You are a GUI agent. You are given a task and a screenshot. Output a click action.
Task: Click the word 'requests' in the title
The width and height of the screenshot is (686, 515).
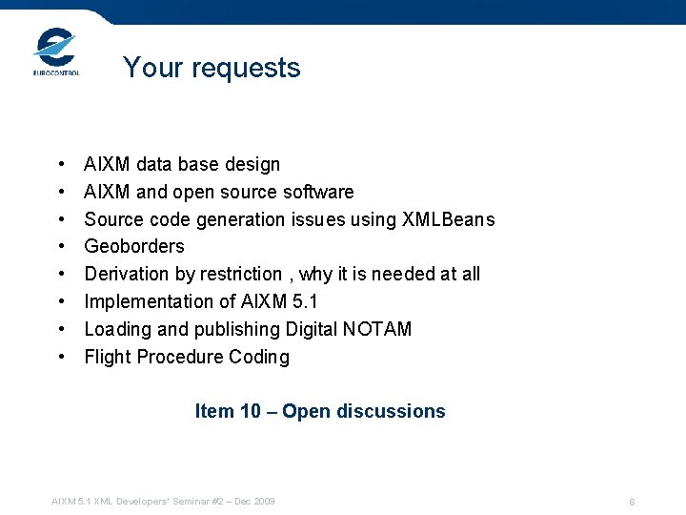click(x=248, y=68)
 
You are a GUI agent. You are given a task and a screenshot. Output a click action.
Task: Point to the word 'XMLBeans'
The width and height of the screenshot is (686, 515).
click(x=451, y=219)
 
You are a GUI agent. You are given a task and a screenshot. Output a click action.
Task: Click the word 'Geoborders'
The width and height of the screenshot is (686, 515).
click(x=134, y=246)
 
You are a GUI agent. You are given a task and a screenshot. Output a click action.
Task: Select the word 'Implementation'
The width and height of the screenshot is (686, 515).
click(x=145, y=301)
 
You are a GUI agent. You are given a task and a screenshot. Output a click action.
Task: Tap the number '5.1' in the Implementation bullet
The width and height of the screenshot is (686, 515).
click(x=307, y=301)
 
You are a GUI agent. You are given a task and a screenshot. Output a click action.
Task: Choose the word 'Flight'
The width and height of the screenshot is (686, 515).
click(x=107, y=357)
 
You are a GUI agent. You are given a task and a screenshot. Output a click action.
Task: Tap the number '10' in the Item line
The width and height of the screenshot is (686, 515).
click(x=251, y=411)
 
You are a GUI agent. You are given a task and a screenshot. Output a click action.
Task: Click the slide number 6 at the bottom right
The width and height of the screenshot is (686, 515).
click(x=632, y=502)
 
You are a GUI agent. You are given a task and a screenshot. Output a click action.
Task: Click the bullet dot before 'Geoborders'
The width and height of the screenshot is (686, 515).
click(x=61, y=247)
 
